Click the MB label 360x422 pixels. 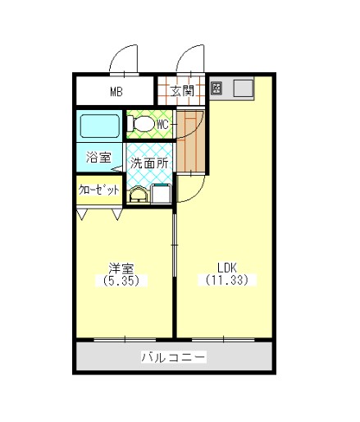point(116,91)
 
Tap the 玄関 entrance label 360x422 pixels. point(182,90)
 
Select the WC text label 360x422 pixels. point(162,124)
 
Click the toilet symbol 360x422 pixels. point(143,124)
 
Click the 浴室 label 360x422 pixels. point(98,156)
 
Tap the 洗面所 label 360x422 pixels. point(150,163)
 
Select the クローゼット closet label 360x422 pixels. point(98,190)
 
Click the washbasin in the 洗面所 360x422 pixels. point(138,194)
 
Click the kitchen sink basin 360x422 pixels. point(244,88)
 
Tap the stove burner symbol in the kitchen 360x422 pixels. point(216,88)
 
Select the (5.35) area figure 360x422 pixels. point(122,280)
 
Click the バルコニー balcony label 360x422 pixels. point(173,357)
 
